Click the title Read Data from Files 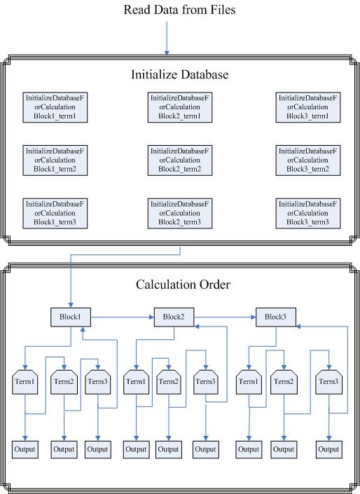coord(179,10)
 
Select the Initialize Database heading coord(180,74)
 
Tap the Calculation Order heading coord(183,284)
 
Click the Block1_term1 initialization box coord(55,107)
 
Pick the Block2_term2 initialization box coord(180,160)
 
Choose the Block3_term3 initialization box coord(308,213)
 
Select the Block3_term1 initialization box coord(308,107)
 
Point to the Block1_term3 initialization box coord(55,213)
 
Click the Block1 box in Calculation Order coord(71,317)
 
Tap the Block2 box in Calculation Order coord(174,317)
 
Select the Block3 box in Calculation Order coord(276,317)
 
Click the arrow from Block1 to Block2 coord(123,317)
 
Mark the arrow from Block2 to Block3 coord(225,317)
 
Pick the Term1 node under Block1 coord(25,382)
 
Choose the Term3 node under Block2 coord(206,382)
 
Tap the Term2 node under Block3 coord(284,382)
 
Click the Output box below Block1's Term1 coord(25,450)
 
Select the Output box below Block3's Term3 coord(329,450)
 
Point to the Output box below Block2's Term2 coord(169,450)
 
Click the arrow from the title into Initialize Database coord(167,39)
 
